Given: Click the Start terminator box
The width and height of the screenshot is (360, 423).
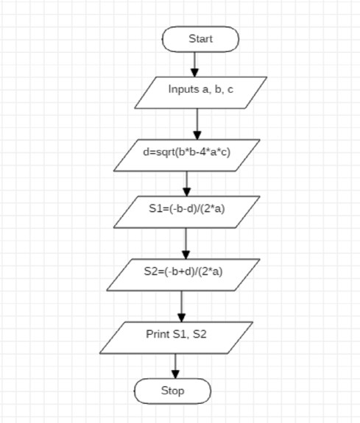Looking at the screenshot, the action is (200, 39).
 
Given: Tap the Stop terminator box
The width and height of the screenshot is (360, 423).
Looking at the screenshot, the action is (172, 391).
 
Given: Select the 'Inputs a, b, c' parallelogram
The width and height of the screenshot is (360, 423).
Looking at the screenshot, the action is (201, 93).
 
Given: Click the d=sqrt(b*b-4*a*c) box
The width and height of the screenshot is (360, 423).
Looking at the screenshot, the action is (186, 155).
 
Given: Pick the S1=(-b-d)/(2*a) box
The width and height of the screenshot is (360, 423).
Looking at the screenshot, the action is (186, 212).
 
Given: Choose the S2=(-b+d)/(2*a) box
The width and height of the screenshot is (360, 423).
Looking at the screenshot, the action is (183, 274).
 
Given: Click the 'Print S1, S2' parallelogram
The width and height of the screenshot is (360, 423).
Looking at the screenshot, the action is (177, 338).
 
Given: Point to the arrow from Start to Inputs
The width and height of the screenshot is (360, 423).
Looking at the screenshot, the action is (194, 65).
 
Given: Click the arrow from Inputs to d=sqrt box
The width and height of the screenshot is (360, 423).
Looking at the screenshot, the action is (197, 124).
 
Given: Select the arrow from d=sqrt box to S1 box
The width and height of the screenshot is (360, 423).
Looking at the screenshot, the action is (186, 184).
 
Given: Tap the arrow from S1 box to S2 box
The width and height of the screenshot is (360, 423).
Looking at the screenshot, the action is (186, 244).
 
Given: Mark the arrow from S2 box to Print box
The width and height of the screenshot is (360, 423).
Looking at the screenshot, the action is (182, 306).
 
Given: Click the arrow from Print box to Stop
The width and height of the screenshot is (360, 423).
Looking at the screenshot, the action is (175, 366).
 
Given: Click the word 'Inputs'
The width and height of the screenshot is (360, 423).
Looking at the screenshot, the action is (183, 90).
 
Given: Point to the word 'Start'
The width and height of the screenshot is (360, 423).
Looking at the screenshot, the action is (200, 39).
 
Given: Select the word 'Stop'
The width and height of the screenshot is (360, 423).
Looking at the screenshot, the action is (172, 391).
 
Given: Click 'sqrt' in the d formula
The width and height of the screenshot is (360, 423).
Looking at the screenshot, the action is (166, 152).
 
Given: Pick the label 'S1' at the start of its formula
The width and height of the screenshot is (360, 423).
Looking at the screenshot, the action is (155, 208).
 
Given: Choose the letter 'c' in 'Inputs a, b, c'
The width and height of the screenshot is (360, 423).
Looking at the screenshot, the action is (230, 90).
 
